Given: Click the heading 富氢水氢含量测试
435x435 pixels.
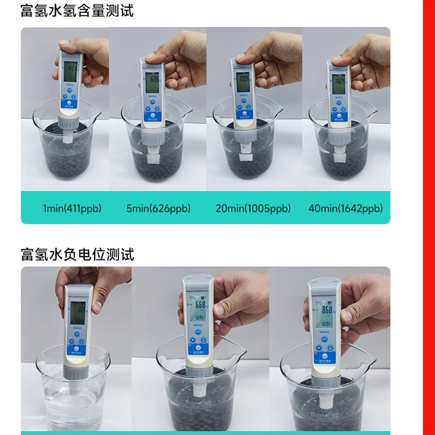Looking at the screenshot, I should click(77, 10).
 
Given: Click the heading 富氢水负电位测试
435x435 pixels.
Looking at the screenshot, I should click(77, 253).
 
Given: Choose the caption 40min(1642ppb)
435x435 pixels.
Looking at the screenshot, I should click(345, 208).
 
